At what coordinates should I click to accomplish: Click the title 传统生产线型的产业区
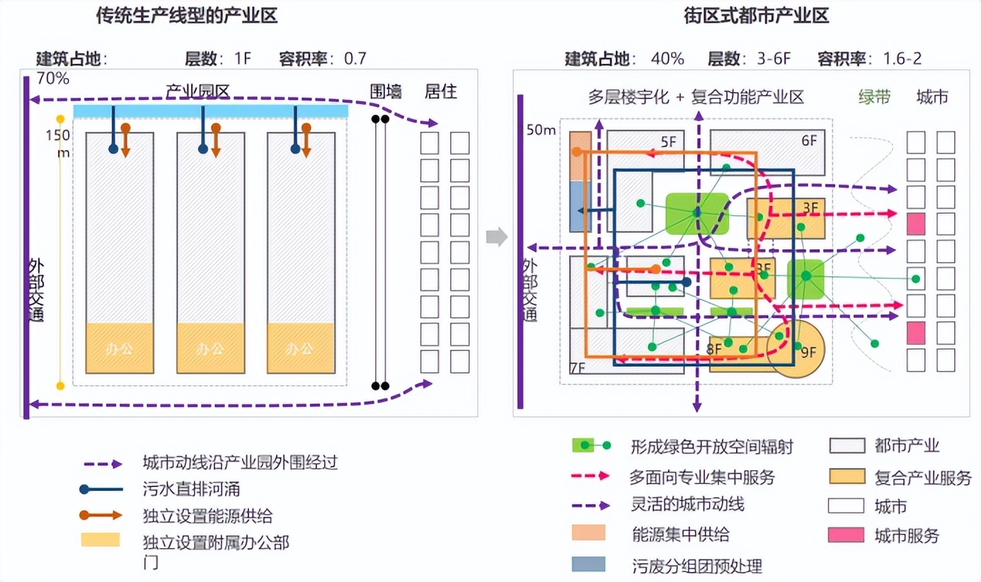tap(187, 16)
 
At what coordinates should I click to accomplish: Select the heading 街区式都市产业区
tap(757, 16)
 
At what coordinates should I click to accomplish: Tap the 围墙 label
tap(386, 91)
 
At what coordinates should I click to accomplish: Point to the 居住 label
tap(440, 91)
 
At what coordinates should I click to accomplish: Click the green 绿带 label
tap(874, 97)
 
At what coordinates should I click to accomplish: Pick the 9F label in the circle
tap(808, 350)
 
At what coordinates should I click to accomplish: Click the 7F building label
tap(578, 367)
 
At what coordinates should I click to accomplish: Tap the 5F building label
tap(669, 141)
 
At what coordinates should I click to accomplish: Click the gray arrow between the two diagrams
tap(497, 236)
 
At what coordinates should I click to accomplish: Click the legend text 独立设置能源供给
tap(207, 515)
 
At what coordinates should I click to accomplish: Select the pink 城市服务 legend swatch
tap(846, 535)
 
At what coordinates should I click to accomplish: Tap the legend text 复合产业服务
tap(923, 478)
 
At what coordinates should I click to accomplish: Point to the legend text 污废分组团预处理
tap(696, 566)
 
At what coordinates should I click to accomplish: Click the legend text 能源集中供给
tap(680, 534)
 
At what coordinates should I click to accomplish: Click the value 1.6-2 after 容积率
tap(902, 59)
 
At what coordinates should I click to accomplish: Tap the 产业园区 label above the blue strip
tap(197, 91)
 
